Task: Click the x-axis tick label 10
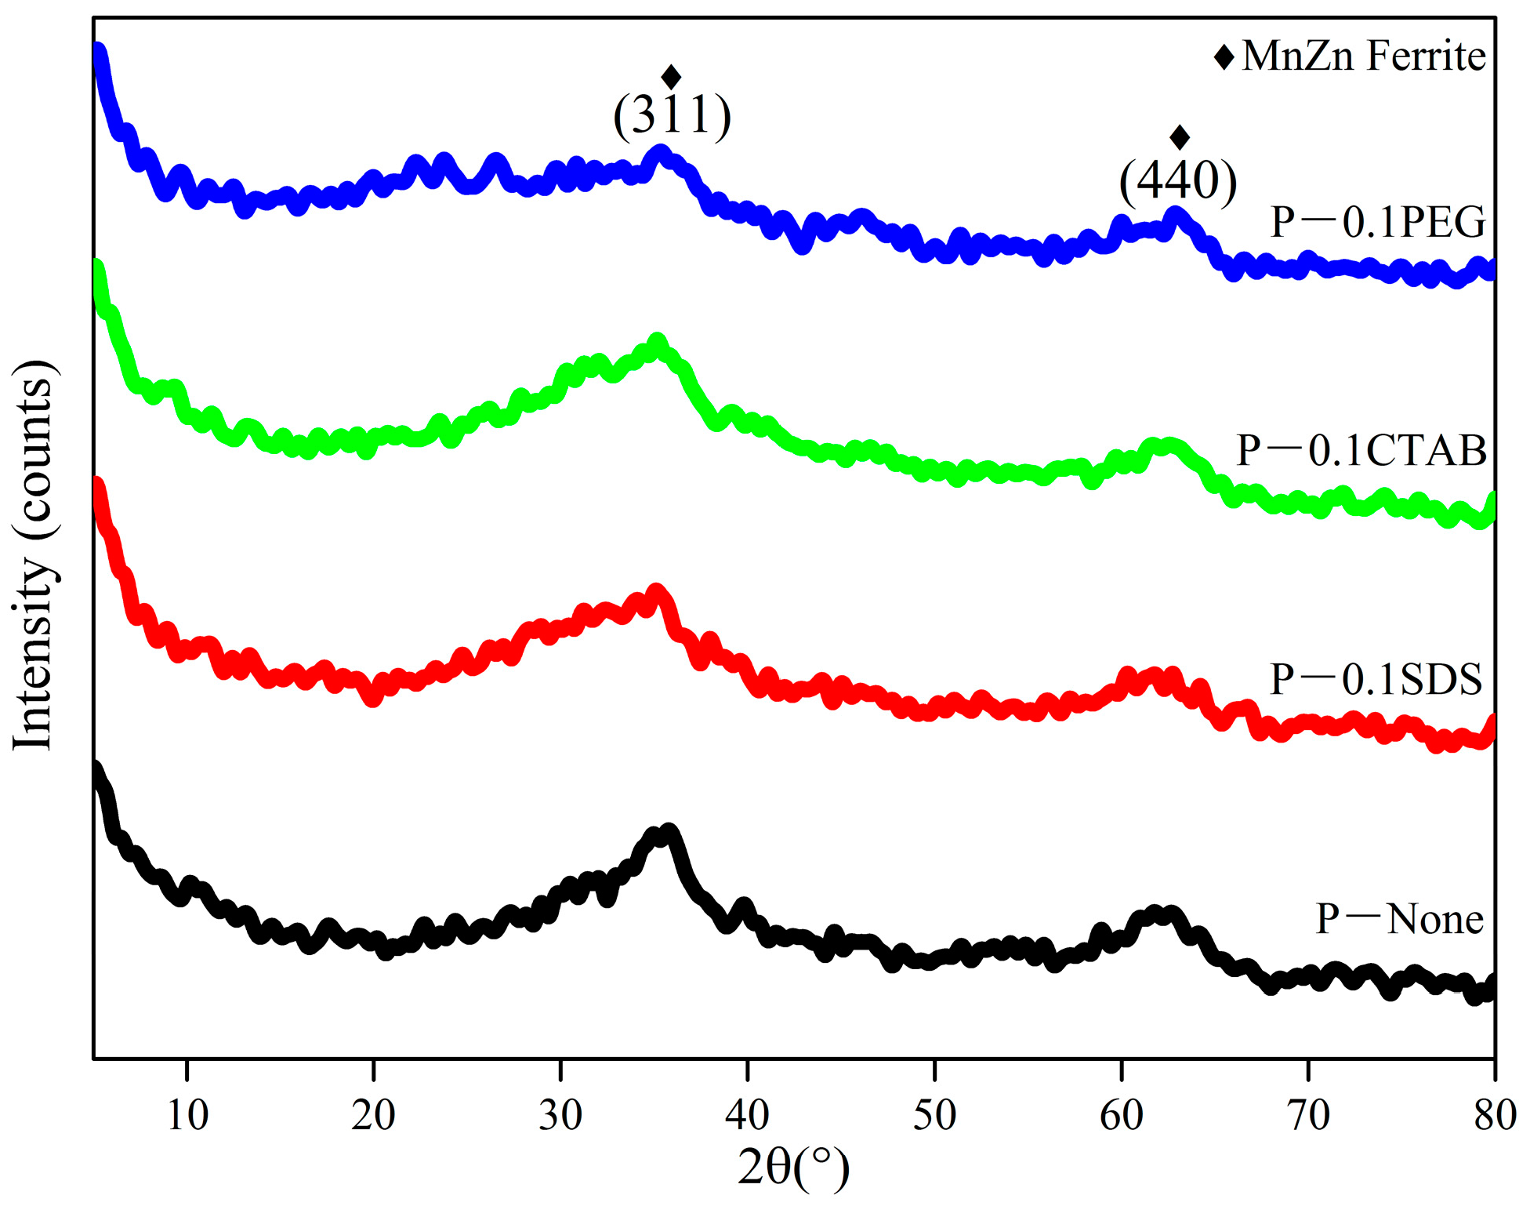point(187,1114)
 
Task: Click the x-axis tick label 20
point(374,1114)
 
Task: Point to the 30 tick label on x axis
point(560,1114)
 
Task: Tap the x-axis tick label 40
point(748,1114)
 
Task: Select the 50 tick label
point(934,1114)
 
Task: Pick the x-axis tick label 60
point(1122,1114)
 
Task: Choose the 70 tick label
point(1308,1114)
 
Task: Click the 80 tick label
point(1495,1114)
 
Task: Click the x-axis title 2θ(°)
point(793,1168)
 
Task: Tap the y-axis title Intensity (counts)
point(33,554)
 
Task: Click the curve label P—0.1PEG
point(1377,222)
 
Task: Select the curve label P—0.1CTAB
point(1361,450)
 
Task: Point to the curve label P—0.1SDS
point(1376,678)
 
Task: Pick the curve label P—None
point(1399,918)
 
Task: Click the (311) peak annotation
point(672,116)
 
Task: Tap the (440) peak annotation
point(1177,181)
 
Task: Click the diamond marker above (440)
point(1180,137)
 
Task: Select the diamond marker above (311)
point(671,77)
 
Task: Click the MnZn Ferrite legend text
point(1363,56)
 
